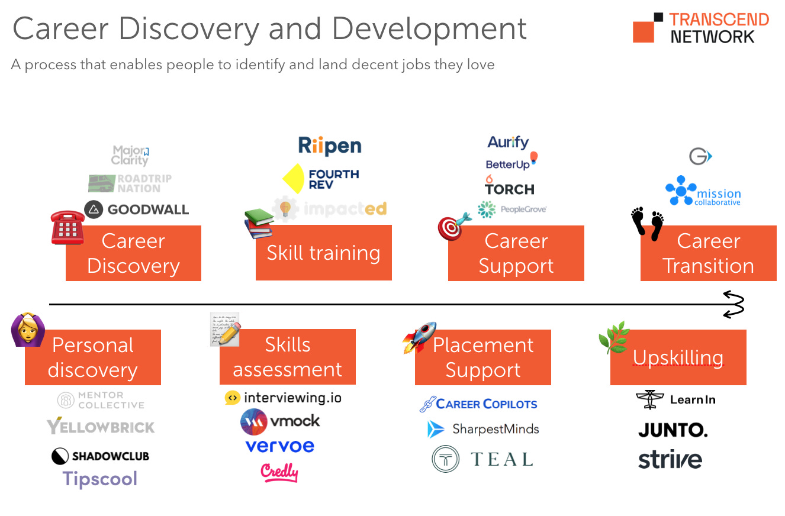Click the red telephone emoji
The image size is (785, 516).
pos(67,227)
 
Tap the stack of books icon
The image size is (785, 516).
pos(259,223)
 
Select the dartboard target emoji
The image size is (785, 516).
pos(454,226)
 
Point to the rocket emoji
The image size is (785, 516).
pos(420,337)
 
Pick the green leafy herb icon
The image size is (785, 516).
pos(614,337)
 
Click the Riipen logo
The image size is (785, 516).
pos(329,146)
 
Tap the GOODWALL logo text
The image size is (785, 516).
pos(148,209)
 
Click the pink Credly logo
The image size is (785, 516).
pos(279,472)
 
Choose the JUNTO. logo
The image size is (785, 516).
pos(673,430)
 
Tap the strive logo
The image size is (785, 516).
pos(670,459)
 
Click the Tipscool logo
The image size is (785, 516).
pos(100,479)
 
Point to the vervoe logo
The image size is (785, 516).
pos(279,446)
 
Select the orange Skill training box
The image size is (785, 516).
pos(323,253)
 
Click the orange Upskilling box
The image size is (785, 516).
pos(678,357)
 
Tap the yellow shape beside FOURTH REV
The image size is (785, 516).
pos(294,178)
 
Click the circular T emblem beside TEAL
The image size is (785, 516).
pos(445,459)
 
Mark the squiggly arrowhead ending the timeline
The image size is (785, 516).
pos(733,304)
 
